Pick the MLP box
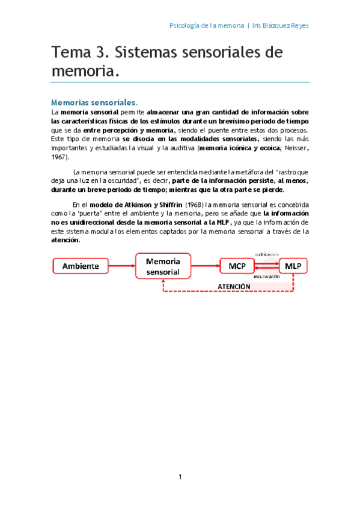pos(293,265)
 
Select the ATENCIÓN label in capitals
pos(234,286)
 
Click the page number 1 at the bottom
pos(180,477)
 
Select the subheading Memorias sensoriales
pos(94,102)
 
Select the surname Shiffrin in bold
pos(165,204)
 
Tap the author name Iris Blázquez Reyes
pos(280,26)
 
